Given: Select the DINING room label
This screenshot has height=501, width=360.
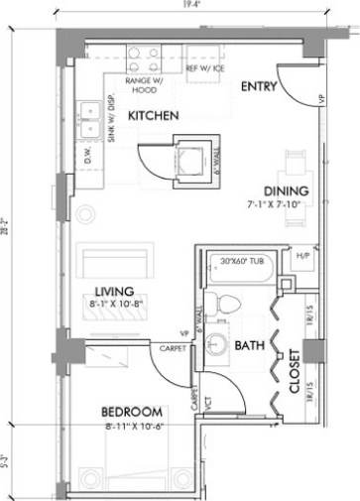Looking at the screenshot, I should coord(287,191).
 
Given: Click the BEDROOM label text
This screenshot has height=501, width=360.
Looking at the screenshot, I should coord(132,412).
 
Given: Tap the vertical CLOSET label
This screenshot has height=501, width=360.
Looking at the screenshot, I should coord(295,370).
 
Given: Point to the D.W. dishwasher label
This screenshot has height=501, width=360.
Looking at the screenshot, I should coord(87,156).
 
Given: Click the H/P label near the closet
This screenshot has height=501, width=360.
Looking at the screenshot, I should coord(303,257).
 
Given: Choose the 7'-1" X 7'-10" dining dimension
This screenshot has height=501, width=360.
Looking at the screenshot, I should coord(287,205).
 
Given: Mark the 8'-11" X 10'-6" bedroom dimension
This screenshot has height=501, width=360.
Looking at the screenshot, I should coord(132,427).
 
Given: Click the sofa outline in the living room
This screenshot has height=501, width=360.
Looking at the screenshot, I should coord(117,262).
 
